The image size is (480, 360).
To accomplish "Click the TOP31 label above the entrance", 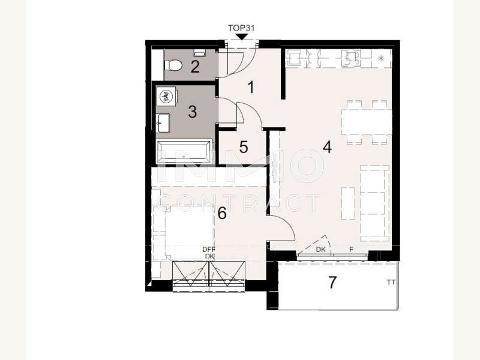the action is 241,28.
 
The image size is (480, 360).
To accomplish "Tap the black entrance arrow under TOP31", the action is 242,37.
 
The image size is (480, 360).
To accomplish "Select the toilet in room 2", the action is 173,65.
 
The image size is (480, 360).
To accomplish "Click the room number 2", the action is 195,67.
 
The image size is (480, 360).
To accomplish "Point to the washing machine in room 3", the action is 167,96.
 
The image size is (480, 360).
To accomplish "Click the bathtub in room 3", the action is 184,152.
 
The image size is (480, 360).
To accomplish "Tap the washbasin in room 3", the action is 163,124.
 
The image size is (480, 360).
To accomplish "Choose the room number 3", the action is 192,112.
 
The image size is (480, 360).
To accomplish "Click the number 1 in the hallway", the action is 251,87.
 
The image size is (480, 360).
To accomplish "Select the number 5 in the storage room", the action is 244,147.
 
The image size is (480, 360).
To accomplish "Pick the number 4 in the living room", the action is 327,147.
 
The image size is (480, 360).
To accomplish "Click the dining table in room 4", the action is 367,122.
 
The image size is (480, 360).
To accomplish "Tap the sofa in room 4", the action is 374,203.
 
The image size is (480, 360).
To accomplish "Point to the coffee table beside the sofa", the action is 348,203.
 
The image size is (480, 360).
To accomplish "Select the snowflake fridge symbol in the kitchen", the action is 381,58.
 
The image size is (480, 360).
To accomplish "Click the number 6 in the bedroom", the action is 222,213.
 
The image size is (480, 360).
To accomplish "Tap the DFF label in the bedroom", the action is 209,250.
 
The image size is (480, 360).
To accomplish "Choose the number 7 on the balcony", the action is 332,282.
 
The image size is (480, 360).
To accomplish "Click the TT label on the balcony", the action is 391,283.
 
